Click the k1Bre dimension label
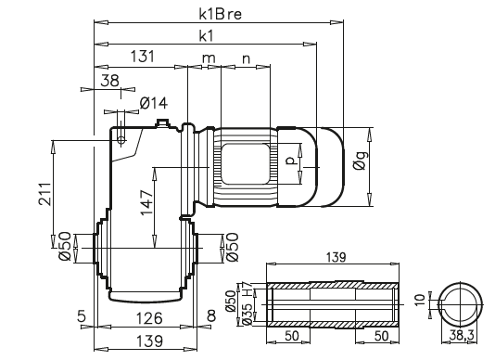[x=220, y=15]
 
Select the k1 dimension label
[x=207, y=36]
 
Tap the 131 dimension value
[x=142, y=58]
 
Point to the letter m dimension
[x=209, y=58]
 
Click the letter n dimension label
[x=246, y=58]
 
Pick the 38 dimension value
[x=109, y=81]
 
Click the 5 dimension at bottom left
[x=82, y=317]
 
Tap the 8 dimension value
[x=212, y=317]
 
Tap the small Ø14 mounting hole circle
[x=122, y=138]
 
